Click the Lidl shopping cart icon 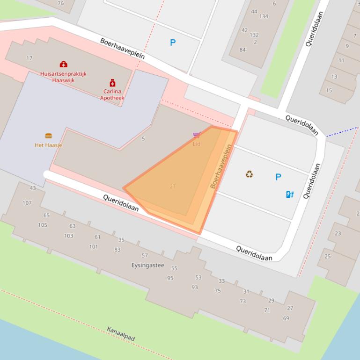pos(197,136)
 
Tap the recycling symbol pos(250,174)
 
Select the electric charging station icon pos(290,194)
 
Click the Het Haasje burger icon pos(48,136)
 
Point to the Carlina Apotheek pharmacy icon pos(112,83)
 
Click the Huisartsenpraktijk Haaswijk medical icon pos(63,64)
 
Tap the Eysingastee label pos(147,265)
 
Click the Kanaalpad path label pos(121,333)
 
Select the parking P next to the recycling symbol pos(279,177)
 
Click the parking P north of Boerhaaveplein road pos(173,43)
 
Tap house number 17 pos(29,58)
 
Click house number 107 pos(27,203)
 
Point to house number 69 pos(286,318)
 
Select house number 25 pos(328,256)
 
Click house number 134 pos(264,16)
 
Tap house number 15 pos(329,90)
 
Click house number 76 pos(60,3)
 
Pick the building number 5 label pos(143,138)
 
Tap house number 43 pos(32,188)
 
